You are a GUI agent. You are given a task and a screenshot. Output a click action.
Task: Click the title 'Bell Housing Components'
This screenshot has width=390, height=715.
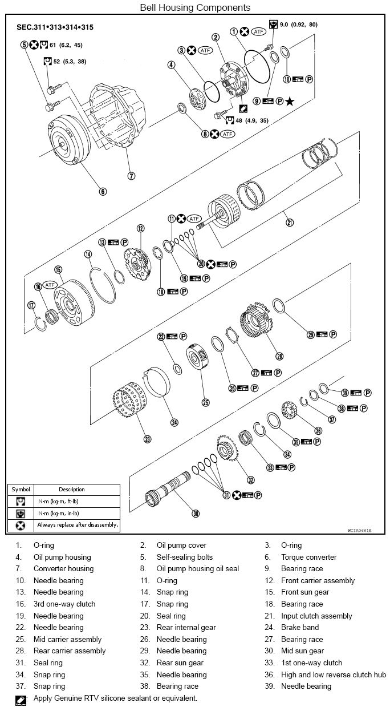pos(195,7)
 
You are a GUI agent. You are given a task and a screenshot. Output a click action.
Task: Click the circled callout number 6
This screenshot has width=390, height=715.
pos(103,192)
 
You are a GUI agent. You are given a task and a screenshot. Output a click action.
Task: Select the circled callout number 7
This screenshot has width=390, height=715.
pos(131,176)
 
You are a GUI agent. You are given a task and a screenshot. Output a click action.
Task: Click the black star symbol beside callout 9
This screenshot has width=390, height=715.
pos(290,102)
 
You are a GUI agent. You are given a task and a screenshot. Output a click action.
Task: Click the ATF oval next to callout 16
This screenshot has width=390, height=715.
pos(50,285)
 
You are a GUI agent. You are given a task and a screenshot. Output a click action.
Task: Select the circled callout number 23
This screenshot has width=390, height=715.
pos(147,439)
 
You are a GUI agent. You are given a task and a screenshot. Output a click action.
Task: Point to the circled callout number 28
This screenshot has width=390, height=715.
pos(279,356)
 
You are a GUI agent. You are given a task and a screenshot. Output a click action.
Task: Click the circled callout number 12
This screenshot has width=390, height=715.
pos(140,228)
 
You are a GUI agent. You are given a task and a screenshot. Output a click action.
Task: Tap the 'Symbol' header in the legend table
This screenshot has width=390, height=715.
pos(21,489)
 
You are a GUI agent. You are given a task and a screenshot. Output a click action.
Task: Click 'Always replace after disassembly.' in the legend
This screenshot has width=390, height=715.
pos(77,524)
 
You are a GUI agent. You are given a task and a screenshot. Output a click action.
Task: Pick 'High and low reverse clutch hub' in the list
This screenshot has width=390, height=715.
pos(333,674)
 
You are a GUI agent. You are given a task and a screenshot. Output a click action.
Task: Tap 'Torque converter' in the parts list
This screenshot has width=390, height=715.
pos(308,557)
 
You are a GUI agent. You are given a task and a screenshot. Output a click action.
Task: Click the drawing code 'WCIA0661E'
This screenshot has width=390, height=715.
pos(359,531)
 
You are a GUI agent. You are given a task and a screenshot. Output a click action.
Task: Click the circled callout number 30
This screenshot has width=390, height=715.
pos(196,514)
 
